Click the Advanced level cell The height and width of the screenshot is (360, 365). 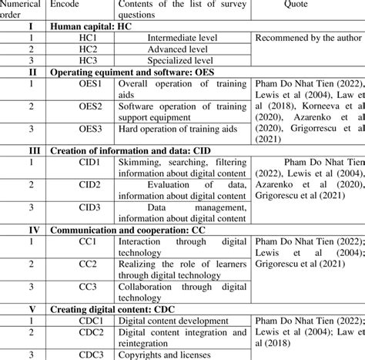[x=182, y=47]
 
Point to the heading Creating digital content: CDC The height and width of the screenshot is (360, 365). [x=109, y=308]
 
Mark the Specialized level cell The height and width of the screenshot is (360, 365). [x=182, y=58]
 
